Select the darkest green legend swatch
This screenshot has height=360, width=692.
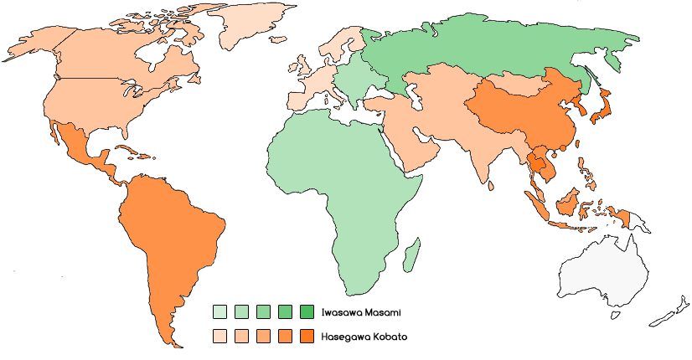pyautogui.click(x=306, y=312)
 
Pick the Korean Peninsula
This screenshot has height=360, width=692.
pyautogui.click(x=577, y=106)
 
